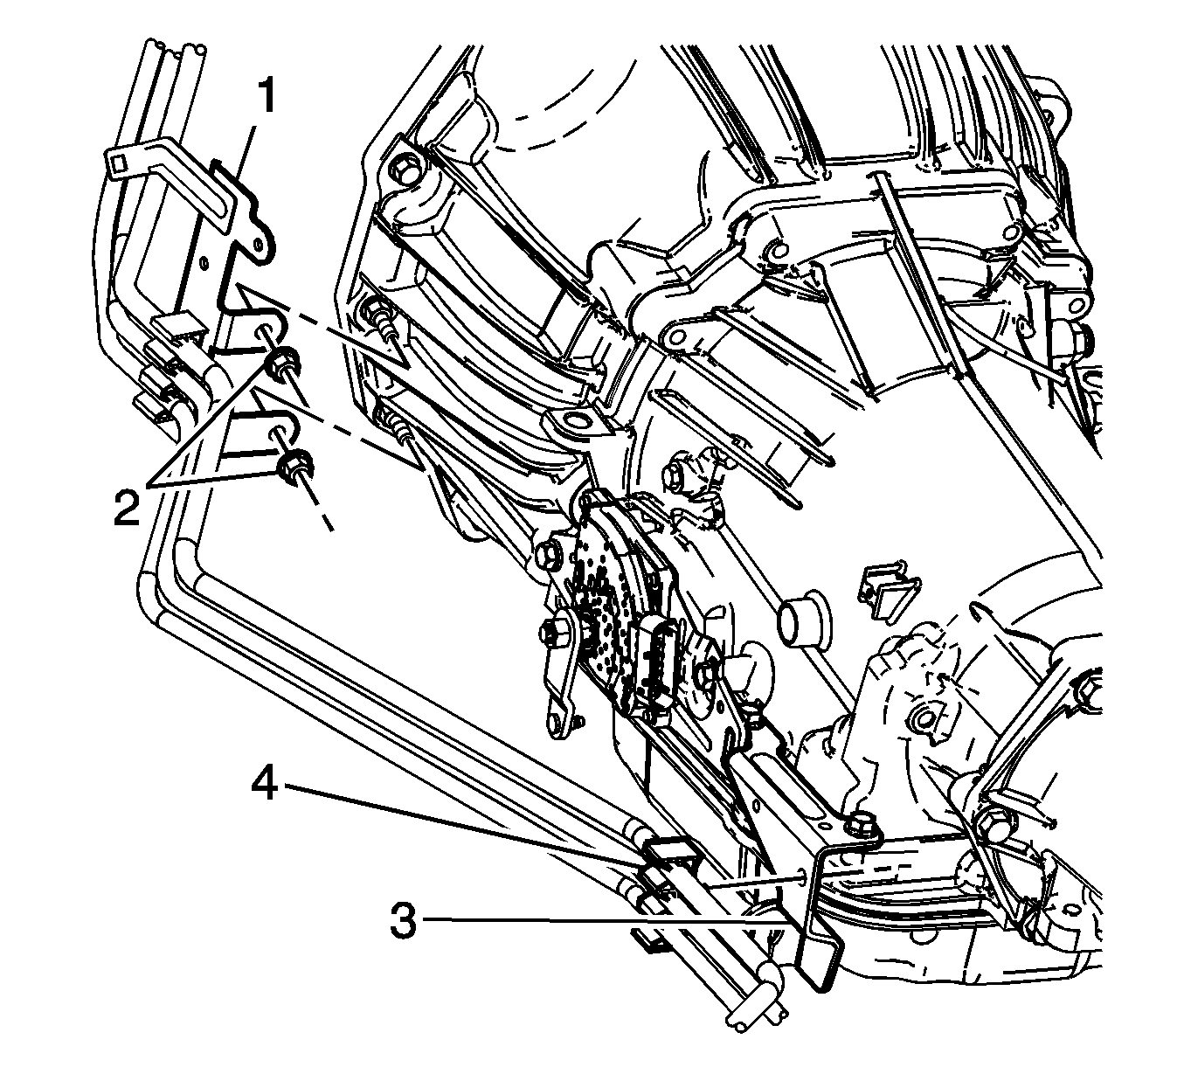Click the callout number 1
[x=267, y=98]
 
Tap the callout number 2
[x=127, y=503]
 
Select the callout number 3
[x=404, y=919]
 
